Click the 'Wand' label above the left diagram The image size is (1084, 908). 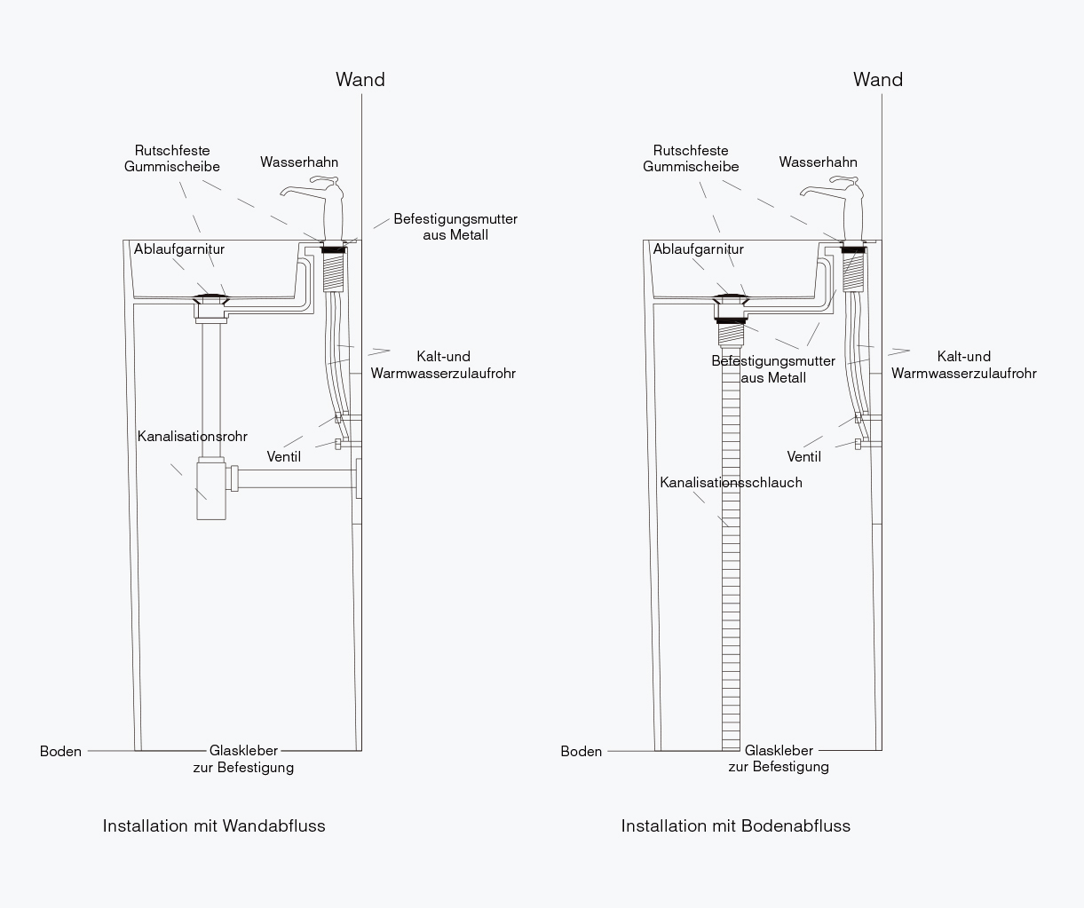coord(360,79)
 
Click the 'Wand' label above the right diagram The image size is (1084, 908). coord(878,79)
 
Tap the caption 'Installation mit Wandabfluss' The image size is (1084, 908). coord(214,825)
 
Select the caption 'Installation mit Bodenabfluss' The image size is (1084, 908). coord(736,825)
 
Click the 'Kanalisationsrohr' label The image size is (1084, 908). coord(192,436)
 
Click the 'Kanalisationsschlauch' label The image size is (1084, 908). coord(731,482)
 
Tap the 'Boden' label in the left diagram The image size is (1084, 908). coord(60,751)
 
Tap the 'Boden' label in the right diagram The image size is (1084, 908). coord(581,751)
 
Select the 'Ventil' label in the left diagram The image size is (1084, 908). coord(283,456)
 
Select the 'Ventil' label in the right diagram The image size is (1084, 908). coord(803,456)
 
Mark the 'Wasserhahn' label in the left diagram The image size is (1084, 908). coord(299,162)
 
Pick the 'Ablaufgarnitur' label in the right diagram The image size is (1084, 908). coord(699,249)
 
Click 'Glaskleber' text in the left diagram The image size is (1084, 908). coord(243,750)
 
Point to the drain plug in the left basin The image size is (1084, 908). coord(210,298)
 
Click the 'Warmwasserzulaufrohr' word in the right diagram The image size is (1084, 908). coord(964,374)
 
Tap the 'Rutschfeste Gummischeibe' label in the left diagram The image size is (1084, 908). coord(172,158)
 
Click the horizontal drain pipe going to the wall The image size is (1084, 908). coord(296,478)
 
